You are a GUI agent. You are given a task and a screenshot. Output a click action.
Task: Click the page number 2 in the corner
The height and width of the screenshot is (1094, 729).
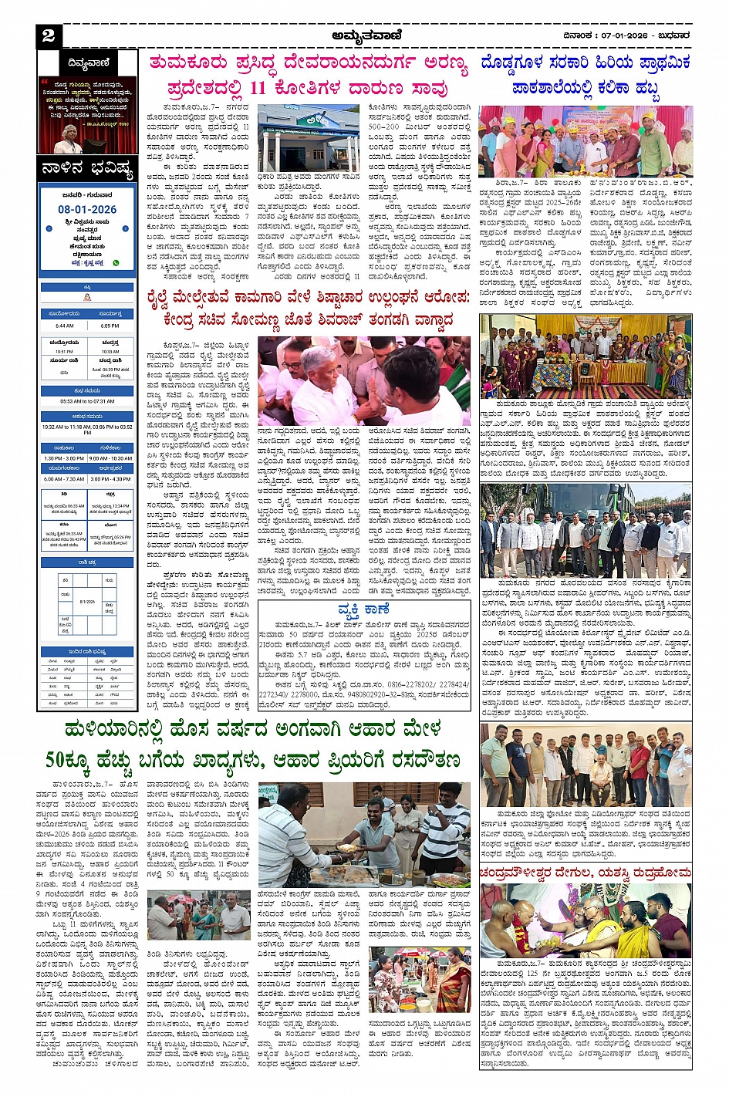coord(49,35)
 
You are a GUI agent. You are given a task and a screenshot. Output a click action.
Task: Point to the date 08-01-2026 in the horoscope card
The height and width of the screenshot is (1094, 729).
coord(87,209)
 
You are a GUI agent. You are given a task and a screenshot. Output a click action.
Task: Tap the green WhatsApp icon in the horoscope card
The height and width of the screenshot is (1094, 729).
coord(116,262)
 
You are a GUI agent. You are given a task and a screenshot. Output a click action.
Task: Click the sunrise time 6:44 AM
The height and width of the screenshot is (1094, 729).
coord(64,326)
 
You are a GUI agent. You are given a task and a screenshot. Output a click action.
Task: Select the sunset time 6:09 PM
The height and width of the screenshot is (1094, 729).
coord(110,326)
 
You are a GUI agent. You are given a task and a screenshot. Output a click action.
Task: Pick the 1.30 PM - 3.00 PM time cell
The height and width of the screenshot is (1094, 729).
coord(64,458)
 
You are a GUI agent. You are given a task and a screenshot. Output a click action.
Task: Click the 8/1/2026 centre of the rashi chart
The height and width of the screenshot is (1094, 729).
coord(87,601)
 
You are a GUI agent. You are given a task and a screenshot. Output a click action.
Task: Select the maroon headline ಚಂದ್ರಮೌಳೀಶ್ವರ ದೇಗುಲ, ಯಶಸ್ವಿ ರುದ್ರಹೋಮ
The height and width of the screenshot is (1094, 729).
coord(585,873)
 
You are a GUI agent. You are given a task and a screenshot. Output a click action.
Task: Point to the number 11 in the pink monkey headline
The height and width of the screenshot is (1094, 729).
coord(257,88)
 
